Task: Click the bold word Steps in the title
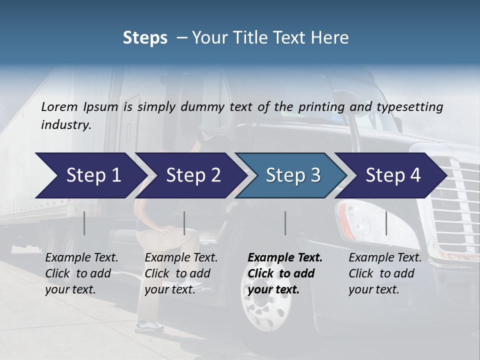pyautogui.click(x=145, y=38)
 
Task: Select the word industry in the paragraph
pyautogui.click(x=65, y=125)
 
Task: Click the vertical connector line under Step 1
pyautogui.click(x=84, y=223)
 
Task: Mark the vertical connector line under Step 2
pyautogui.click(x=184, y=223)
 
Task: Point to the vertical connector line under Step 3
pyautogui.click(x=285, y=223)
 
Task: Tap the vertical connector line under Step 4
pyautogui.click(x=386, y=223)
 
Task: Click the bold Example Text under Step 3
pyautogui.click(x=285, y=258)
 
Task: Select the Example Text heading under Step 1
pyautogui.click(x=81, y=258)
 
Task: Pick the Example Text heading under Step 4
pyautogui.click(x=385, y=258)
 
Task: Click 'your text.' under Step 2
pyautogui.click(x=170, y=289)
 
